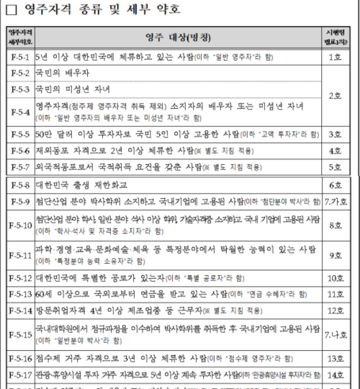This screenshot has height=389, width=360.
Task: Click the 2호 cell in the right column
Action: (x=335, y=96)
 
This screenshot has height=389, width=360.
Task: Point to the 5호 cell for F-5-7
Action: (x=335, y=167)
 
